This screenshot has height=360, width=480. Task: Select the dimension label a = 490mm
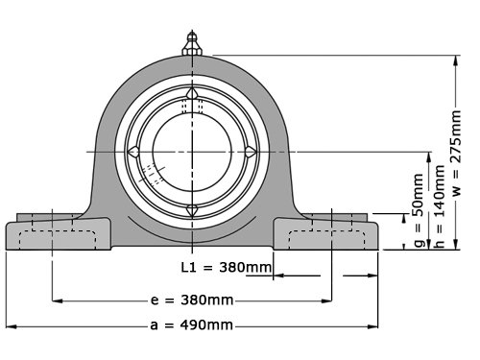click(191, 325)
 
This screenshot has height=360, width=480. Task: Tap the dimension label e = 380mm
click(192, 300)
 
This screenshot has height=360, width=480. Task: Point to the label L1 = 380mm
click(227, 267)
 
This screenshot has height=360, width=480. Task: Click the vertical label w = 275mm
click(456, 153)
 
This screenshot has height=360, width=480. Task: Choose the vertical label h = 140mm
click(440, 206)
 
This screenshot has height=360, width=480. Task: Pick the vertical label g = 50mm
click(420, 210)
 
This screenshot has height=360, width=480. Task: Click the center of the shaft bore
click(192, 152)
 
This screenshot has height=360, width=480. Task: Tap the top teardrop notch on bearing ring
click(192, 93)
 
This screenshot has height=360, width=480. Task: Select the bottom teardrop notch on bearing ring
click(192, 210)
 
